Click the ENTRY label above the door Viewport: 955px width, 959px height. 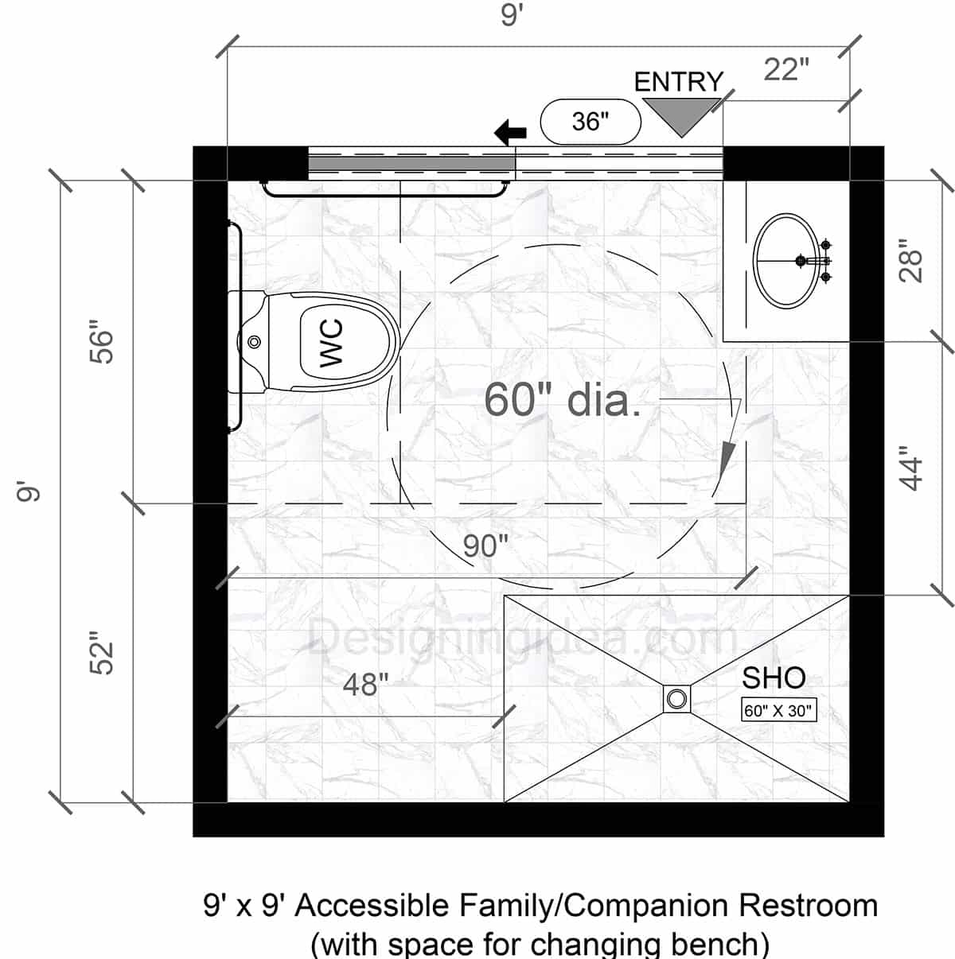[678, 82]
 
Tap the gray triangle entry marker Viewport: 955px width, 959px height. [681, 113]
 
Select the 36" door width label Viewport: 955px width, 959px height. [590, 122]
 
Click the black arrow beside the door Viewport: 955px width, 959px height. [510, 132]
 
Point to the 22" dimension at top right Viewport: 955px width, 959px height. [785, 70]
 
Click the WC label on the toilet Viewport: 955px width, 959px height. [331, 342]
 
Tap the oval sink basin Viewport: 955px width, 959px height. [785, 260]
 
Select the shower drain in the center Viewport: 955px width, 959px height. [676, 699]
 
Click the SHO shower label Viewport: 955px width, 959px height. [774, 678]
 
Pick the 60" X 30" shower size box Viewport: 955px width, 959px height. [778, 710]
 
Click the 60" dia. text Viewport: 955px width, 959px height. [562, 399]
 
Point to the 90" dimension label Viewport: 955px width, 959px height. [485, 546]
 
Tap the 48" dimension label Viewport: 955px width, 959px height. [366, 684]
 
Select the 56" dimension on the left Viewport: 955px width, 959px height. [102, 342]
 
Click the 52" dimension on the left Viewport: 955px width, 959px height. [102, 654]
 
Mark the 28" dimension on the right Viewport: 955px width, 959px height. [911, 260]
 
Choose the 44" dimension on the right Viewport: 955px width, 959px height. [911, 472]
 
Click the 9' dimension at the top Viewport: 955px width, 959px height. [510, 16]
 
